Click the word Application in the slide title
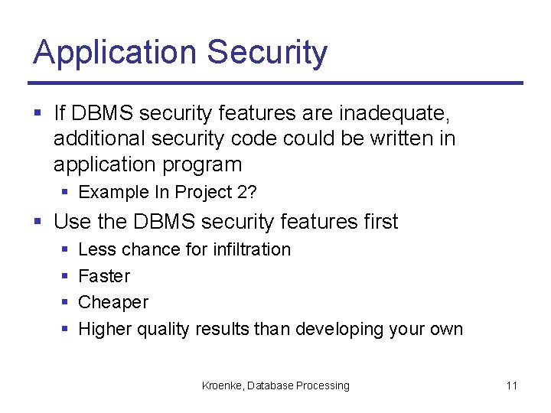[x=116, y=53]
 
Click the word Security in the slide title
[x=267, y=53]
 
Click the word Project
[x=204, y=192]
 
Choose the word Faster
[x=104, y=276]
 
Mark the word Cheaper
[x=113, y=303]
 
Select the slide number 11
[x=511, y=385]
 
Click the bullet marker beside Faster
[x=65, y=276]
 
